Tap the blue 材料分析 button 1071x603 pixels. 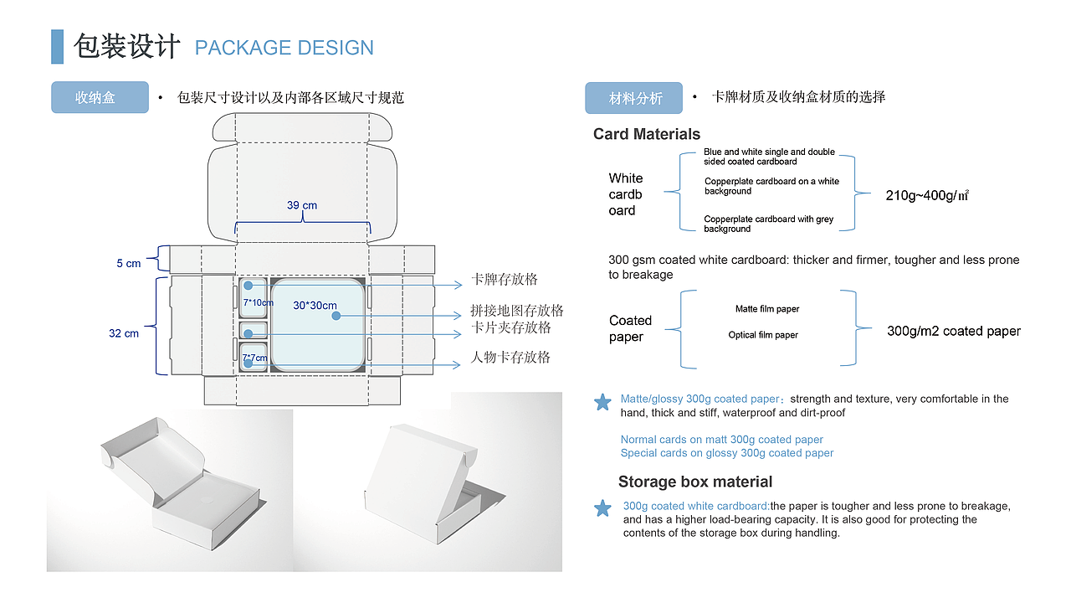(x=633, y=98)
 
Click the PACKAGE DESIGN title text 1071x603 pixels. (x=284, y=48)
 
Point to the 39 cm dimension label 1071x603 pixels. (x=302, y=205)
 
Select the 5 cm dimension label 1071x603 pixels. (x=129, y=264)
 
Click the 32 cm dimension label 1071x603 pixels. (x=124, y=333)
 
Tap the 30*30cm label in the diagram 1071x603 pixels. (x=315, y=306)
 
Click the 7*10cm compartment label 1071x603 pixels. (x=259, y=302)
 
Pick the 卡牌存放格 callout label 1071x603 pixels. (x=505, y=279)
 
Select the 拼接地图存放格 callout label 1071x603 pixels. (x=517, y=311)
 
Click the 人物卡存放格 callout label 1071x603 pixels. (x=510, y=357)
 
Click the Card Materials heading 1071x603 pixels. (x=647, y=134)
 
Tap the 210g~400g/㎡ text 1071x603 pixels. (x=927, y=196)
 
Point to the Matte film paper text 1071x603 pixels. (x=767, y=309)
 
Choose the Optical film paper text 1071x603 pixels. (x=763, y=335)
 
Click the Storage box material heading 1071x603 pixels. (x=695, y=482)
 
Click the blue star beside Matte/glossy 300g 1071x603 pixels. (x=602, y=403)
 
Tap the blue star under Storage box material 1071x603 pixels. (x=602, y=508)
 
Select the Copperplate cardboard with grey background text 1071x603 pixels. (x=768, y=224)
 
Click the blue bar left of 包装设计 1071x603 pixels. (x=57, y=47)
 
